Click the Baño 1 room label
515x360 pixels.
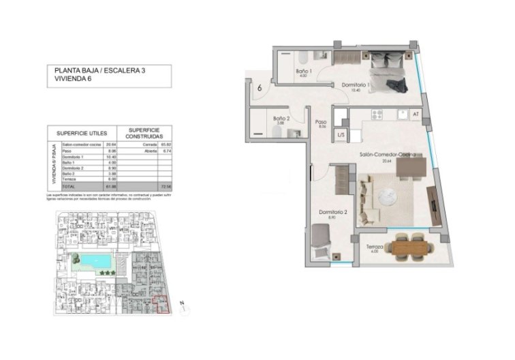303,72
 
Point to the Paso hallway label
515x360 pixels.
322,123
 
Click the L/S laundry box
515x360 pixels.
341,136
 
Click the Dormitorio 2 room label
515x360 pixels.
334,213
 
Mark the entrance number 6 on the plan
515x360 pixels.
260,87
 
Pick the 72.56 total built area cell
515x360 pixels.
163,185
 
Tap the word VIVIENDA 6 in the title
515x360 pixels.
72,79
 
